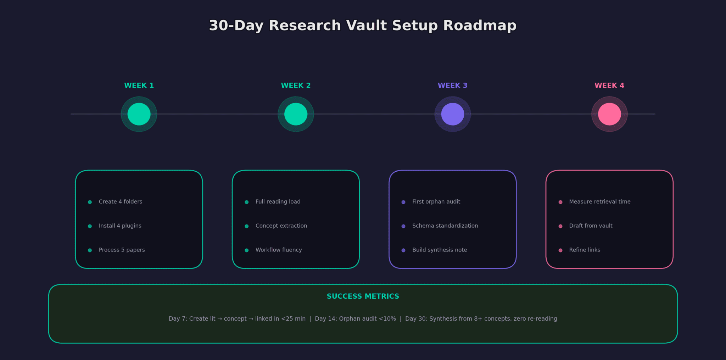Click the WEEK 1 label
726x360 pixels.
[139, 85]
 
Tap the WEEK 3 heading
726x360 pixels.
[453, 85]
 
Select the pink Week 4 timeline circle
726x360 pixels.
[609, 114]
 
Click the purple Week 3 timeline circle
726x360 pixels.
[453, 114]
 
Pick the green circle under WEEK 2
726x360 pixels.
[296, 114]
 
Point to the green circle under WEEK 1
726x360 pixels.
[139, 114]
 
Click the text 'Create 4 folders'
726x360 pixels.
[121, 202]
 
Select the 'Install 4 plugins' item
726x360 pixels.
[120, 226]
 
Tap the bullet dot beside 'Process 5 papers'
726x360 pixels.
[90, 250]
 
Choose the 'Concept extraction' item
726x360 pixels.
[281, 226]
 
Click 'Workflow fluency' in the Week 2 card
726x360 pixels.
[279, 250]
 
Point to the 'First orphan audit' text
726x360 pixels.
[436, 202]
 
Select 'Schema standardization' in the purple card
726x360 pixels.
[445, 226]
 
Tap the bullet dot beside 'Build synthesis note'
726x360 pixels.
[403, 250]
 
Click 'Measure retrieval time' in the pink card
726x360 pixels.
[600, 202]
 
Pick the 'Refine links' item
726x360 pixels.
[585, 250]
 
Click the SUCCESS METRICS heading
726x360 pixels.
[363, 297]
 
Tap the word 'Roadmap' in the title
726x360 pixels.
[480, 26]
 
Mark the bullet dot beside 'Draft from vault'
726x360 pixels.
[560, 226]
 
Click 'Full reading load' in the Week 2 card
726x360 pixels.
[278, 202]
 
